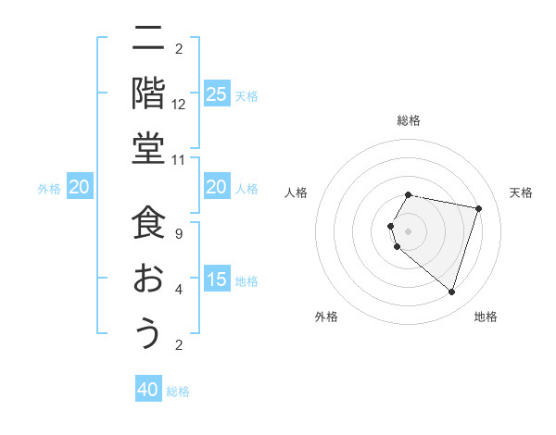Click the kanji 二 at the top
coord(147,38)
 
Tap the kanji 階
coord(147,93)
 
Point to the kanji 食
coord(147,223)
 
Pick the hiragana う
coord(147,332)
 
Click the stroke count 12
coord(179,105)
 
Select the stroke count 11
coord(179,159)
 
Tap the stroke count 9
coord(179,235)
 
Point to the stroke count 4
coord(179,290)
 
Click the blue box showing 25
coord(216,93)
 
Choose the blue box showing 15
coord(216,280)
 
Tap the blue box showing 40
coord(148,390)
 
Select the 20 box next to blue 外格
coord(79,188)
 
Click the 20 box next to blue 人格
coord(216,188)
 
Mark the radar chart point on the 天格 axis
coord(478,209)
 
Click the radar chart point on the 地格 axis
coord(451,292)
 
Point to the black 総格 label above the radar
coord(408,120)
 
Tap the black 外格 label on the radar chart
coord(326,317)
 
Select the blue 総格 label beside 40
coord(178,391)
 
